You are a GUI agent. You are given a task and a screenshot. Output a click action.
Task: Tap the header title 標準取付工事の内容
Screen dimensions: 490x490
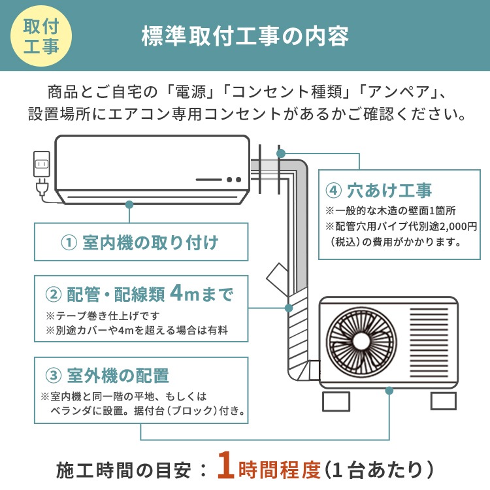(x=245, y=36)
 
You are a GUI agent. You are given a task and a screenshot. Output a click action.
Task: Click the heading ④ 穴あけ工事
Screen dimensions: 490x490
(x=378, y=191)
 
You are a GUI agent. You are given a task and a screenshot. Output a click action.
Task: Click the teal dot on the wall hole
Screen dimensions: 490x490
(x=281, y=154)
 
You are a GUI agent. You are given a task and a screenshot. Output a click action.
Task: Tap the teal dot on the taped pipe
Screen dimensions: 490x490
(x=288, y=308)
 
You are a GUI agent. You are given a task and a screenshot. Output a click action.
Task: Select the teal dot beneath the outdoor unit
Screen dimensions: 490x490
(x=389, y=391)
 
